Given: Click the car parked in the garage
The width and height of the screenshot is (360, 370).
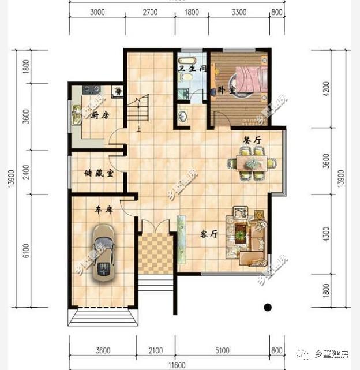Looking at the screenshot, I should tap(104, 252).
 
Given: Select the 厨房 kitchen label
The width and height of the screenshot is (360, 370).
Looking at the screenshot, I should tap(100, 115).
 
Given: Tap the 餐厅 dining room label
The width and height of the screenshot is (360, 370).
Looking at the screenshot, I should tap(252, 139).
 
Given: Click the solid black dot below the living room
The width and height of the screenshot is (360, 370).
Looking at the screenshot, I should tap(267, 307).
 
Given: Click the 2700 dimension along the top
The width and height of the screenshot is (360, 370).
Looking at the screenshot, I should tap(149, 12).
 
